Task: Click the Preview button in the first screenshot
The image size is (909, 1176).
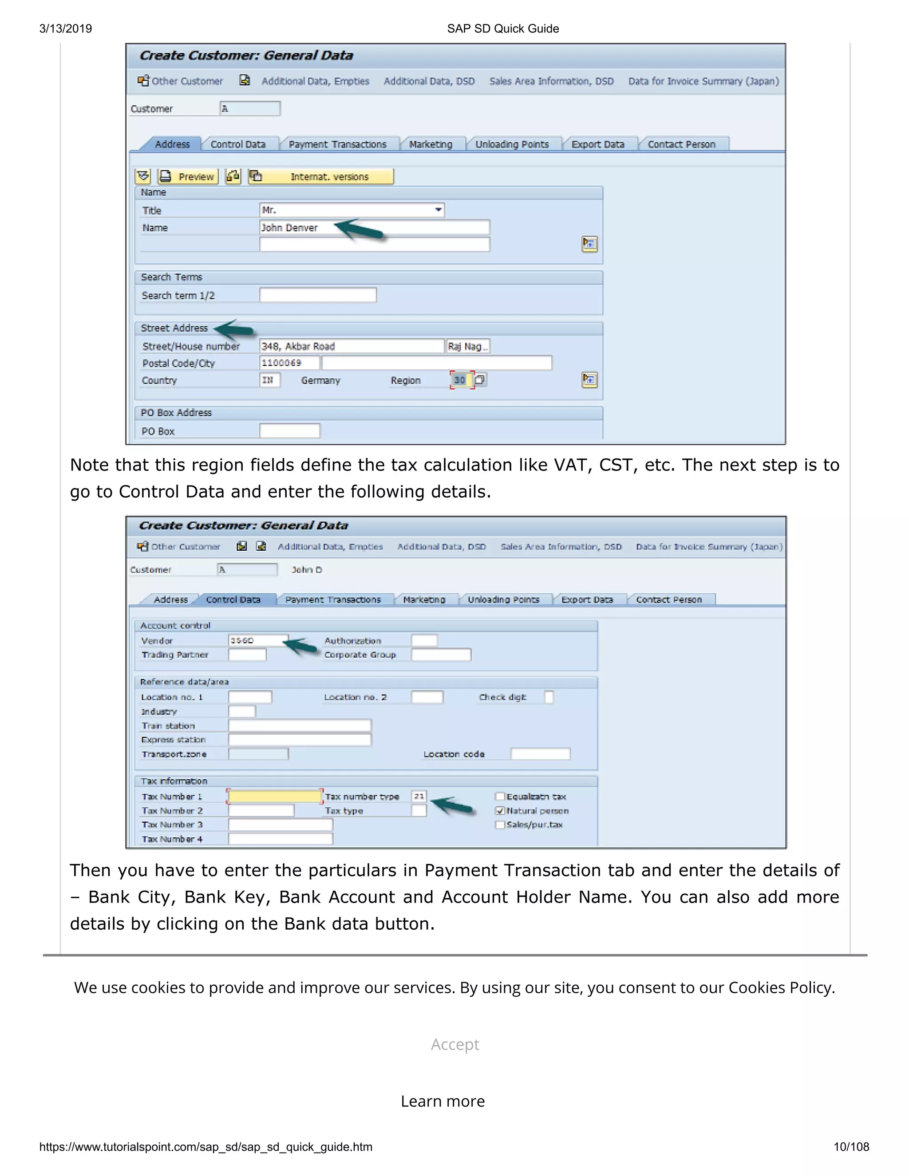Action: pyautogui.click(x=189, y=177)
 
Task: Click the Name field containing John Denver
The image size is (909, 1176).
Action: pyautogui.click(x=374, y=228)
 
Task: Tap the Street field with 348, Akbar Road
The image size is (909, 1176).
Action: pyautogui.click(x=351, y=346)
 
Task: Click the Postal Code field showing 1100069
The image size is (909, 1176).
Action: pyautogui.click(x=289, y=363)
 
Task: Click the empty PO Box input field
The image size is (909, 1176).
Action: pyautogui.click(x=289, y=431)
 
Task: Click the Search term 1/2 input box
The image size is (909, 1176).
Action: pyautogui.click(x=318, y=295)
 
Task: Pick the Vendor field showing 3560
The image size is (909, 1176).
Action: pyautogui.click(x=257, y=640)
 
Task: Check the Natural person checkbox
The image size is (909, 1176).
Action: pyautogui.click(x=500, y=811)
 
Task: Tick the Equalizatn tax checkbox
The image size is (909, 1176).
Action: pyautogui.click(x=500, y=797)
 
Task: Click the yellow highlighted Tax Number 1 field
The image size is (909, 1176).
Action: pyautogui.click(x=275, y=797)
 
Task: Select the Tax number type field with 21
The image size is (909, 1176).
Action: pyautogui.click(x=419, y=797)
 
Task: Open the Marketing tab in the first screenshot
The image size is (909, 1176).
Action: pyautogui.click(x=430, y=144)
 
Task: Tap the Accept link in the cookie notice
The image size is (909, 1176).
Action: pyautogui.click(x=454, y=1045)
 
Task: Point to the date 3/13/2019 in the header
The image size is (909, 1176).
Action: pyautogui.click(x=66, y=28)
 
